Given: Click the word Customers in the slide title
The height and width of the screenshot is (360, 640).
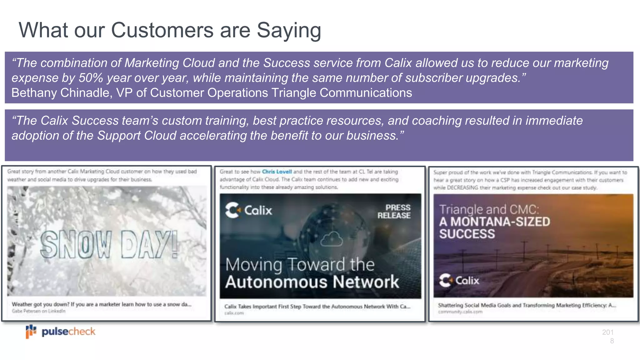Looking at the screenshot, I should (162, 31).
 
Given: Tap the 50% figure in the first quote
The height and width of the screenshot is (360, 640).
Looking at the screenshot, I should (91, 78).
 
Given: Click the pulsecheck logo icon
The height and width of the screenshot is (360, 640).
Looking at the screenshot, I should (31, 331).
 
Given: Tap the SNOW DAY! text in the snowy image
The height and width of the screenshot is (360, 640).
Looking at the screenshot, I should (109, 245).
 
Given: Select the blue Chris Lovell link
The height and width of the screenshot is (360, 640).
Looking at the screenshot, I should (277, 172).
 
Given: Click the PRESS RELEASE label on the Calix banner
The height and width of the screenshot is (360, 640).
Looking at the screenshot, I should (394, 212).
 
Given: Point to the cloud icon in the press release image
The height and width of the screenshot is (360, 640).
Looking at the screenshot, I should (332, 239).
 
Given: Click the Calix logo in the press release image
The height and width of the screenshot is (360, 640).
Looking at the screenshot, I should (249, 210).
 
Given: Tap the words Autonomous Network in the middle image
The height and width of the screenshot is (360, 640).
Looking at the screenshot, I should (312, 282).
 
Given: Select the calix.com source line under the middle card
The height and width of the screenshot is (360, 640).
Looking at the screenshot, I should (234, 313).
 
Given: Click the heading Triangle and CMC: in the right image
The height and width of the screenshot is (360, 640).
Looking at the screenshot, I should (489, 209).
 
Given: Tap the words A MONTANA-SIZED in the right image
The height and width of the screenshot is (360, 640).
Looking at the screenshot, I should (495, 222).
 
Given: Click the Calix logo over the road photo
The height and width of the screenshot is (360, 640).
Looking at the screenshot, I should (459, 280).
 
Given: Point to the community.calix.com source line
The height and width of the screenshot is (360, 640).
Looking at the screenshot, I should (460, 312).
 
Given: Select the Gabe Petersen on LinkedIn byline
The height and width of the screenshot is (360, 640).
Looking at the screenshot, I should (39, 311).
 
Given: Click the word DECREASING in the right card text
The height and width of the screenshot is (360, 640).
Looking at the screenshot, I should (462, 188).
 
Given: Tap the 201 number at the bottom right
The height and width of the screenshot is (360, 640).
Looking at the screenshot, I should (608, 332).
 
